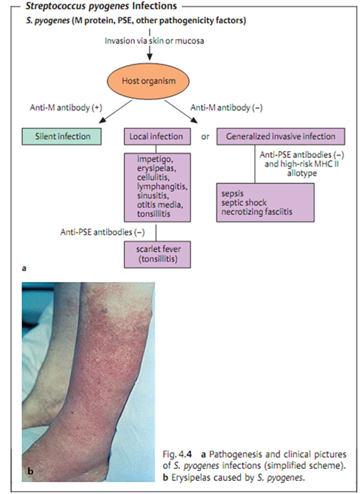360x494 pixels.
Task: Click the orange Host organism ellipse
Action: (x=148, y=81)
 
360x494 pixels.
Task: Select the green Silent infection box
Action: (x=61, y=136)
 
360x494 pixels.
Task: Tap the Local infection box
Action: (x=157, y=136)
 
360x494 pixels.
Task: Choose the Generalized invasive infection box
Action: (x=281, y=136)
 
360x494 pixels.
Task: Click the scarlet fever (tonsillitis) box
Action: (x=157, y=255)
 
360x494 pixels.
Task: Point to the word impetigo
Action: (x=155, y=158)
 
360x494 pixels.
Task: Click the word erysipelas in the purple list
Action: (x=156, y=168)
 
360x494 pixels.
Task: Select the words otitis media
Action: (x=160, y=204)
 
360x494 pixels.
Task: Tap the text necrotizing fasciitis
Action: (x=257, y=211)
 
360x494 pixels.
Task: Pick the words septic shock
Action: (x=244, y=202)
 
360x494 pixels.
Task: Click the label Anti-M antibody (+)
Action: (x=66, y=107)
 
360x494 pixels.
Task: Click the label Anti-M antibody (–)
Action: (x=227, y=107)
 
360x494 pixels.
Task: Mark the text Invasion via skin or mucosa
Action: (x=154, y=41)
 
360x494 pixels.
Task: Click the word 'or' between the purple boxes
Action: (x=205, y=137)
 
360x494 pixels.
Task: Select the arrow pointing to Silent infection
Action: (x=116, y=111)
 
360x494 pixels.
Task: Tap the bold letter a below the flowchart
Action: (x=24, y=268)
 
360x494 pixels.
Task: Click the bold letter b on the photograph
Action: (x=30, y=471)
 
